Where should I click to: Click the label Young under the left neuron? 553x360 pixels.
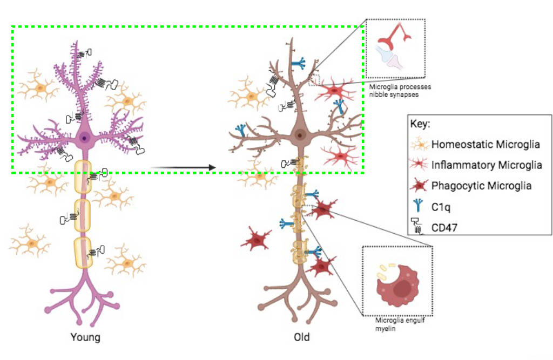tap(85, 338)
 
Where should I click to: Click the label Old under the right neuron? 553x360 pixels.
tap(302, 338)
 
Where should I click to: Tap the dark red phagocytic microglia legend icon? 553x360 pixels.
tap(419, 186)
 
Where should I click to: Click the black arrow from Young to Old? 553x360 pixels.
tap(184, 168)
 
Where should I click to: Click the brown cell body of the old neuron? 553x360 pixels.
tap(298, 135)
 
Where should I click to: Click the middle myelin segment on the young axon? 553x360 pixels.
tap(83, 215)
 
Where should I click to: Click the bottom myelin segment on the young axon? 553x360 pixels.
tap(83, 253)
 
